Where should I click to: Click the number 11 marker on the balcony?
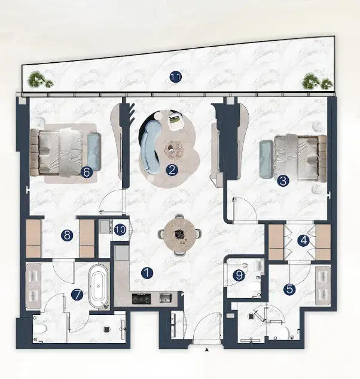(x=176, y=77)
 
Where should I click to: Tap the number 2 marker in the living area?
(x=172, y=170)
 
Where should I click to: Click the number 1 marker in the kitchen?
(x=147, y=273)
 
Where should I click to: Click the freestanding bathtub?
(x=98, y=287)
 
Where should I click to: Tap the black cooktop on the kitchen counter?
(x=141, y=299)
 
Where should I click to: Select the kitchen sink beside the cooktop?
(x=166, y=298)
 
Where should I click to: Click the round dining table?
(x=179, y=234)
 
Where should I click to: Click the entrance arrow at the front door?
(x=207, y=350)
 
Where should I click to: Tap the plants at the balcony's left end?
(x=40, y=79)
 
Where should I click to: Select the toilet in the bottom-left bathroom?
(x=40, y=329)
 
